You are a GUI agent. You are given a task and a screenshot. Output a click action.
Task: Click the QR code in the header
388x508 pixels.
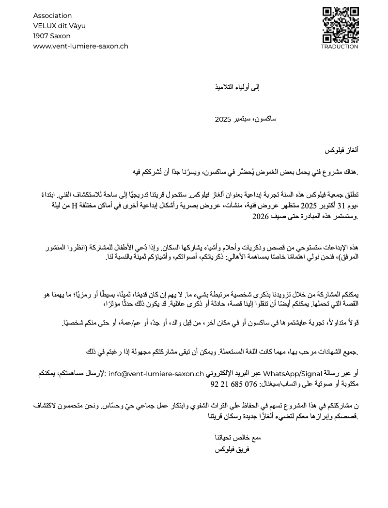point(340,25)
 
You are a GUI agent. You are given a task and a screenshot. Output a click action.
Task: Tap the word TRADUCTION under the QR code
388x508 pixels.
point(340,47)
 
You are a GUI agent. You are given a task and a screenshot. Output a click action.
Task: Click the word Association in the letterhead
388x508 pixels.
point(52,16)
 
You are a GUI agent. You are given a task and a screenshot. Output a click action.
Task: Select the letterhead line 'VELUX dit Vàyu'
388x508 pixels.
point(59,26)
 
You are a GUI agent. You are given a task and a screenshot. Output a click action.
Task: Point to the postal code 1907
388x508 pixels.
point(41,36)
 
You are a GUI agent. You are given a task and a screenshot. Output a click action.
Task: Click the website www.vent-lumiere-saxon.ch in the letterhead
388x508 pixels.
point(80,46)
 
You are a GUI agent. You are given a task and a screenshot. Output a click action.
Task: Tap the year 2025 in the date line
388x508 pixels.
point(223,119)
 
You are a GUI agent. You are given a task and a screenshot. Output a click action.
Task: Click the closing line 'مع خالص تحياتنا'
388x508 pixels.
point(238,438)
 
